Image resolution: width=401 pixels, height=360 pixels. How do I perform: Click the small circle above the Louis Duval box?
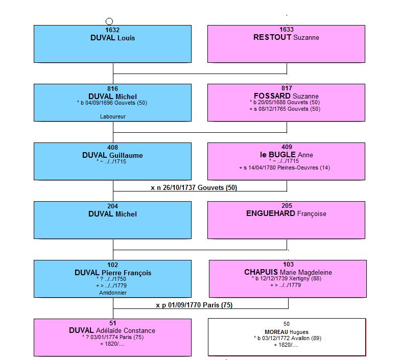tap(109, 21)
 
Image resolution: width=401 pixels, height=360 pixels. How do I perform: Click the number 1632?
tap(112, 30)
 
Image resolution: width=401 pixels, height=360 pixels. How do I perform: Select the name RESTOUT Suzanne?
tap(286, 37)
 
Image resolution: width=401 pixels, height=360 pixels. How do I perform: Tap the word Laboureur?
tap(113, 116)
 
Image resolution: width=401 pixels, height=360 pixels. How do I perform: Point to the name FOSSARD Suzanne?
tap(286, 96)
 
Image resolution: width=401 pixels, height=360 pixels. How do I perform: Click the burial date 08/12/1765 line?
tap(285, 109)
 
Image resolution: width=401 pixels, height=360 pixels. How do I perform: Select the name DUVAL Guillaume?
tap(112, 155)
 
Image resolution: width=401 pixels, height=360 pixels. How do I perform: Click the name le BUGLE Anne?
tap(287, 155)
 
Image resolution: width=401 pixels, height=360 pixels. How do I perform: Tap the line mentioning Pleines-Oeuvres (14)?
tap(285, 167)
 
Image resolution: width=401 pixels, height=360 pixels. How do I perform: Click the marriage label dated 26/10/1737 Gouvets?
tap(194, 188)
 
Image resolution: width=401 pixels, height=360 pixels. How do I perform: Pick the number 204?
tap(112, 206)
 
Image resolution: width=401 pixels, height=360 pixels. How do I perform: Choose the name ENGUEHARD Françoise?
tap(286, 213)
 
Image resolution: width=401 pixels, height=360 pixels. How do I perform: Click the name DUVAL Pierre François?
tap(113, 273)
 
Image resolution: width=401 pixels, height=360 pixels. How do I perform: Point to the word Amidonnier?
tap(113, 293)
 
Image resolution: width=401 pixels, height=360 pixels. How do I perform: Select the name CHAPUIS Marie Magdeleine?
tap(288, 272)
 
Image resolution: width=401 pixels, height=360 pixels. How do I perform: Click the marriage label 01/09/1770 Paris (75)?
tap(194, 305)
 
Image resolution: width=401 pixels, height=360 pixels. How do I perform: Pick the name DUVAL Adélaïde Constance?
tap(112, 330)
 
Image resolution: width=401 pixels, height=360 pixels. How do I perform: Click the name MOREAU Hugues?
tap(287, 332)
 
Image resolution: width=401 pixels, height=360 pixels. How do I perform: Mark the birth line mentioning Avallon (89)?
tap(288, 338)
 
